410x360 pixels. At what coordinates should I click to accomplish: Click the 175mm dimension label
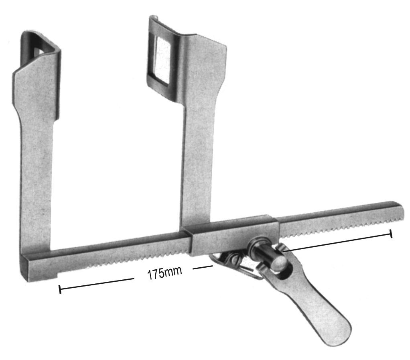(x=164, y=273)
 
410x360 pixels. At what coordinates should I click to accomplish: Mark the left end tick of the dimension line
(x=60, y=289)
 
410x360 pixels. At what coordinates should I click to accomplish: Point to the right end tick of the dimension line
(x=391, y=234)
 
